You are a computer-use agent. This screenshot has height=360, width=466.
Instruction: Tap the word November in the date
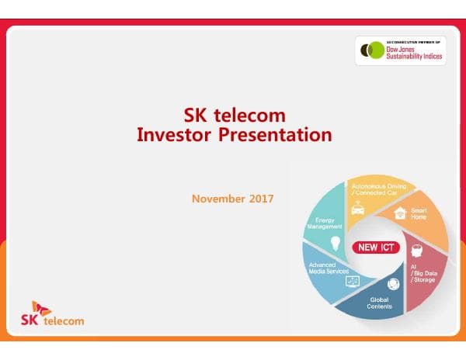click(x=218, y=199)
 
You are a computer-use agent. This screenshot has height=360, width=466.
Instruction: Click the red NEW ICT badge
click(x=377, y=248)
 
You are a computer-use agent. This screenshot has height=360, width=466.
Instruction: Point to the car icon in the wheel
click(x=358, y=209)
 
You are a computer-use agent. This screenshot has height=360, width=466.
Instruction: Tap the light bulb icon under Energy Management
click(x=336, y=243)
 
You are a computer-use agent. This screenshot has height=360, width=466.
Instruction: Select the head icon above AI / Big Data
click(x=416, y=251)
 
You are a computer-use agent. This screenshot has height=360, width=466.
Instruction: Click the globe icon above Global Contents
click(x=393, y=284)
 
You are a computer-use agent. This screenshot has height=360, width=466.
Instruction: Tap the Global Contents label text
click(x=380, y=302)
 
